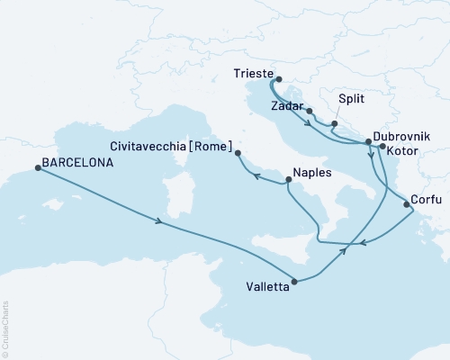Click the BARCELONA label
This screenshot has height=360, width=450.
[x=78, y=165]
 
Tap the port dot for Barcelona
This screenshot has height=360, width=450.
[x=37, y=166]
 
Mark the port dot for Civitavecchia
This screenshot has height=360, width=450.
[x=238, y=154]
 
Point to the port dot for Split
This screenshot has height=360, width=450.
[x=334, y=123]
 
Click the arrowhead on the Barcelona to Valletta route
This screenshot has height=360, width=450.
[x=159, y=221]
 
